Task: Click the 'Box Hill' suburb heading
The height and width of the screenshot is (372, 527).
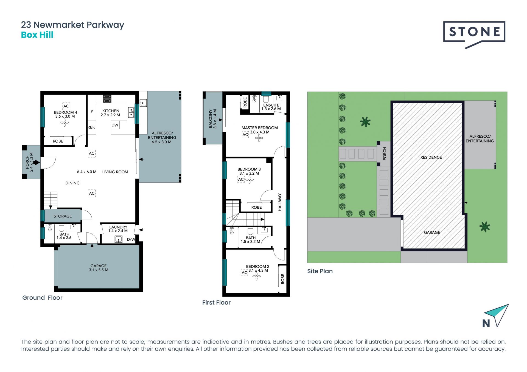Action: click(x=37, y=35)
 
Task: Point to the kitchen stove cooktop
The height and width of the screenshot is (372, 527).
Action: click(x=107, y=99)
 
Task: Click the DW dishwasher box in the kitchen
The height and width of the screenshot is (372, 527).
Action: click(x=115, y=125)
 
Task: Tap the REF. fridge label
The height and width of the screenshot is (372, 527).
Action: click(x=91, y=127)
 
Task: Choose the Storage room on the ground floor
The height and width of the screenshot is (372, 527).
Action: click(x=63, y=216)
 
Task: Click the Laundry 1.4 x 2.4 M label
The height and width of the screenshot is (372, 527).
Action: click(x=118, y=229)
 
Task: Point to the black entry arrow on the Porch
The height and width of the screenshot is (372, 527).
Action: click(x=37, y=163)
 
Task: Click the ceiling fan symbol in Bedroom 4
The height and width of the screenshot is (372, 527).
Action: click(x=65, y=123)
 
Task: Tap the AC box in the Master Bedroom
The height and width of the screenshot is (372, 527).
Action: click(x=245, y=135)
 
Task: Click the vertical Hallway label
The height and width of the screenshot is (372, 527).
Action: click(x=280, y=202)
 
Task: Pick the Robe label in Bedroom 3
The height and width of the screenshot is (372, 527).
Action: click(x=257, y=208)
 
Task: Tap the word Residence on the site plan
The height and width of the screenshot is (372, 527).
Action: click(x=431, y=157)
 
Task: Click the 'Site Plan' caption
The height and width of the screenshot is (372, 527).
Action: click(x=320, y=271)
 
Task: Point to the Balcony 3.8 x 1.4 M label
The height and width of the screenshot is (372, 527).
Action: click(x=213, y=119)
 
